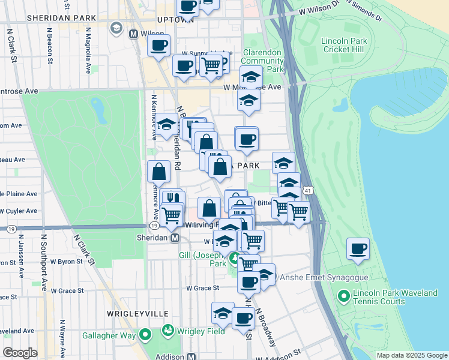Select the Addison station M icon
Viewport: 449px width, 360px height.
(x=192, y=356)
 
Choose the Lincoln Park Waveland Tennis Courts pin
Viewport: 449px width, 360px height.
(x=343, y=296)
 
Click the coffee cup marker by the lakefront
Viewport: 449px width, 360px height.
(x=358, y=249)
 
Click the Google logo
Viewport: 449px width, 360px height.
(x=20, y=353)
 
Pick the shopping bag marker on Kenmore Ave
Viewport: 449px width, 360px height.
(x=158, y=172)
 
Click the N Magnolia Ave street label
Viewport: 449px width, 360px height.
(x=88, y=51)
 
